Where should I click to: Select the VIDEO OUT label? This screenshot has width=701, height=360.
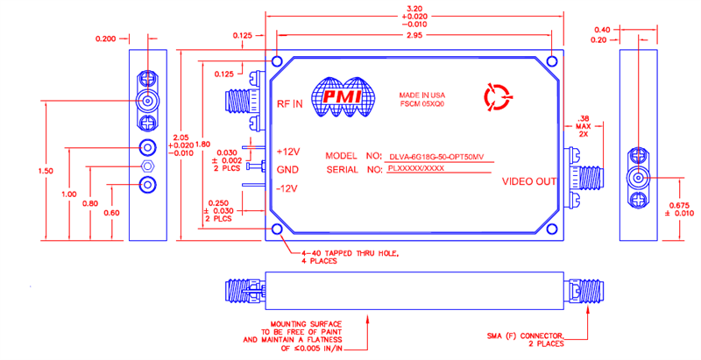(528, 182)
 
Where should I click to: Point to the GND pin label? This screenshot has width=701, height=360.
(288, 169)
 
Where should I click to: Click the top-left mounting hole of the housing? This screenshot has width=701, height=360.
(277, 62)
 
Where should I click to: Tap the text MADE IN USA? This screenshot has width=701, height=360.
(421, 95)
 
